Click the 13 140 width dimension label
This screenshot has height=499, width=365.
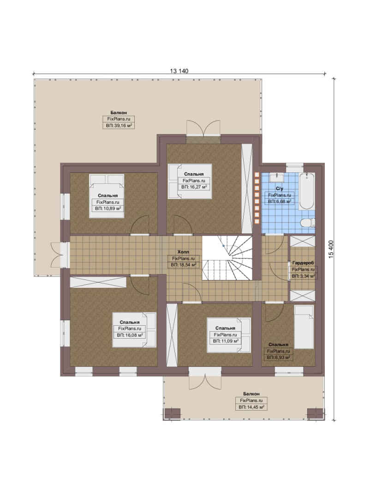click(179, 71)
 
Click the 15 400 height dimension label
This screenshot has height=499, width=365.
click(331, 249)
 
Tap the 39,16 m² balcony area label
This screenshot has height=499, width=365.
click(119, 126)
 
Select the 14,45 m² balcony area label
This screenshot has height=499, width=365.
click(251, 407)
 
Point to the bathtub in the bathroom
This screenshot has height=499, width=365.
click(307, 191)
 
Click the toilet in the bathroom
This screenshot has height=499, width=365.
click(308, 223)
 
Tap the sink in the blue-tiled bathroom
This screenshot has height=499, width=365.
click(277, 176)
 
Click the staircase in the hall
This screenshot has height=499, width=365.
click(227, 258)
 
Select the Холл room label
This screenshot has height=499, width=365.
click(183, 252)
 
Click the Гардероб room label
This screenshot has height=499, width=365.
click(303, 263)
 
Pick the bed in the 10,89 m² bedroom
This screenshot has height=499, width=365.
click(107, 196)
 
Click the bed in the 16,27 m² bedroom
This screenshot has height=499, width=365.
click(190, 182)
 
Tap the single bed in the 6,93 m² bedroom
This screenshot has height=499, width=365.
click(304, 327)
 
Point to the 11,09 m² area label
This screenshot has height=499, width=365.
click(226, 341)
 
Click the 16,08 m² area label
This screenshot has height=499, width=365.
click(130, 335)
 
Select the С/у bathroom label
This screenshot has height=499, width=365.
click(280, 189)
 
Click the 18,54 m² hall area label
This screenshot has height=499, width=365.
click(184, 264)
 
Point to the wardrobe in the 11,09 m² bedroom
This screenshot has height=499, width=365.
click(172, 335)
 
